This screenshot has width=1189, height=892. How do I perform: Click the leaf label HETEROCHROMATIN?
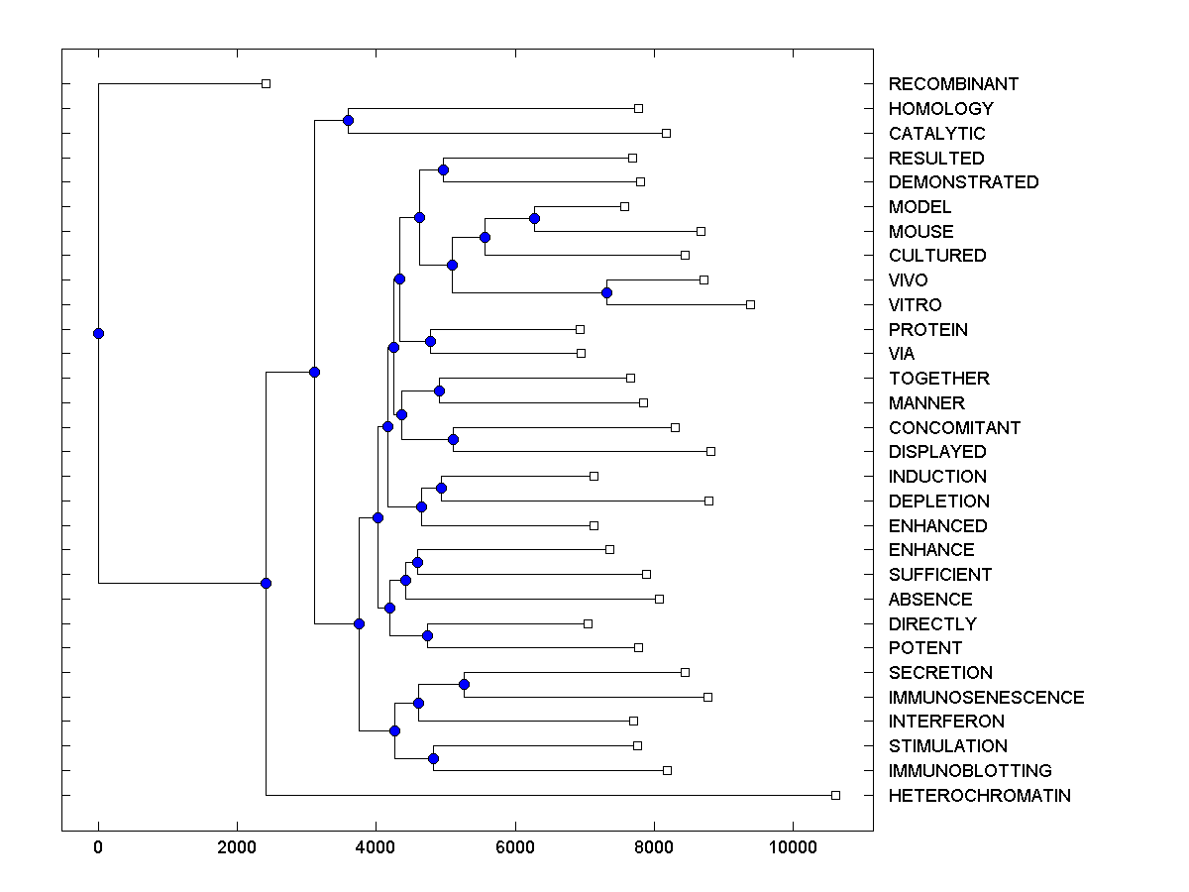[979, 796]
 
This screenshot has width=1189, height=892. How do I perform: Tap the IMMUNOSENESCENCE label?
[986, 698]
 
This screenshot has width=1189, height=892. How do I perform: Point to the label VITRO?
[915, 305]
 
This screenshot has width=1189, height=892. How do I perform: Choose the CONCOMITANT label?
[954, 428]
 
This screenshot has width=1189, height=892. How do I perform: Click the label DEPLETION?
[938, 502]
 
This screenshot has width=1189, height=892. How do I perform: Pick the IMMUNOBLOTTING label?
[970, 771]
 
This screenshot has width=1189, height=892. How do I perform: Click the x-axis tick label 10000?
[793, 846]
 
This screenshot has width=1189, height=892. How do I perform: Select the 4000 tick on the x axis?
[376, 846]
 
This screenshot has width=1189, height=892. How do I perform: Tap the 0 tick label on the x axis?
[98, 846]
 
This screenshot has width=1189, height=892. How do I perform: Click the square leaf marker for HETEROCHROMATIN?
[835, 795]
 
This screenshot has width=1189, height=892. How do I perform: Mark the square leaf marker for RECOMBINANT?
[266, 83]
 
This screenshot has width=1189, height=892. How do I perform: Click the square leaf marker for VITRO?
[750, 304]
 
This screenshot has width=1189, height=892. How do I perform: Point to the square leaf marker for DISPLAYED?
[710, 451]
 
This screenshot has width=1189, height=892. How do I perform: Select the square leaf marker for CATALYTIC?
[666, 133]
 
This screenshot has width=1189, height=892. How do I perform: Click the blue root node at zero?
[98, 333]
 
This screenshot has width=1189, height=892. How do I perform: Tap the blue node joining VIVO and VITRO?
[606, 292]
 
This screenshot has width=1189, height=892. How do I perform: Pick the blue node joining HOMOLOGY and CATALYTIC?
[348, 121]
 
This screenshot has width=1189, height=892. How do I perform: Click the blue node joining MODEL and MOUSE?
[534, 218]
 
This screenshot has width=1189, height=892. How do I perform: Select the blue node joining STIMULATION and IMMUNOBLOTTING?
[433, 758]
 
